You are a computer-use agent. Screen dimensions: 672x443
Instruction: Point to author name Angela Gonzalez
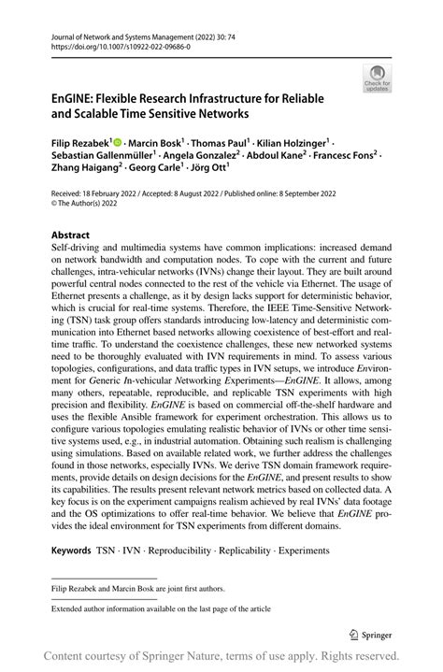(x=204, y=157)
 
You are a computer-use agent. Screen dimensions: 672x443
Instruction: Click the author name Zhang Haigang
(x=86, y=173)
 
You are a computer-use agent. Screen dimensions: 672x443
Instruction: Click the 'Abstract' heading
(x=71, y=235)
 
